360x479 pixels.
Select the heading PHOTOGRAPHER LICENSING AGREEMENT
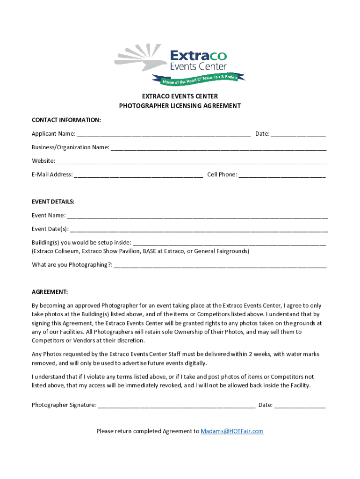tap(180, 106)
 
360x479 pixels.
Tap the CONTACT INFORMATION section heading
tap(66, 120)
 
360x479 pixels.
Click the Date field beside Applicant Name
tap(298, 135)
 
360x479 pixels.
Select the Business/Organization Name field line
tap(218, 148)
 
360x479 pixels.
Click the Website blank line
tap(192, 162)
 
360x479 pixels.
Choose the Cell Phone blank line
tap(282, 175)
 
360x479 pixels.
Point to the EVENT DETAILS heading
tap(53, 202)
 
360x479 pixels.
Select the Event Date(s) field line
tap(199, 230)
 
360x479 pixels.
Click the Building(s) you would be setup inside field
tap(230, 243)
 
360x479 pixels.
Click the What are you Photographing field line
tap(220, 266)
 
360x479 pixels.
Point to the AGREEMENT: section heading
tap(50, 292)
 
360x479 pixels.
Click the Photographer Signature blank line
tap(177, 406)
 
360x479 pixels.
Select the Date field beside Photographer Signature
tap(300, 406)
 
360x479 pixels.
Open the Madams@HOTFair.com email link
tap(232, 431)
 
